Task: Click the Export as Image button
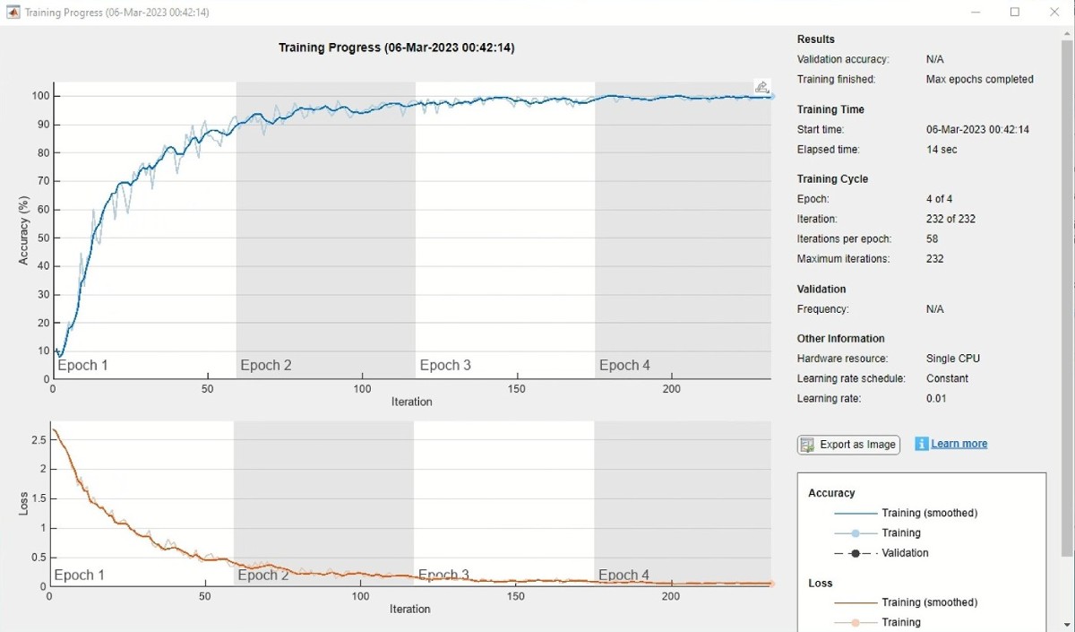pyautogui.click(x=848, y=445)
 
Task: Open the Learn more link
pyautogui.click(x=959, y=444)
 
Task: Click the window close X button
pyautogui.click(x=1054, y=13)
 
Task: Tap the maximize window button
pyautogui.click(x=1015, y=13)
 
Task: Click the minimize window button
pyautogui.click(x=976, y=13)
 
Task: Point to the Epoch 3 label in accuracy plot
pyautogui.click(x=445, y=365)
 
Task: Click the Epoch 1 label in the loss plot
pyautogui.click(x=80, y=575)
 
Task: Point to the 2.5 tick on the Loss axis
pyautogui.click(x=38, y=440)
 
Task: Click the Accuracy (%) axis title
pyautogui.click(x=24, y=231)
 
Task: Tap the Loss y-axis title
pyautogui.click(x=24, y=504)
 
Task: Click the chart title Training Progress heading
pyautogui.click(x=396, y=48)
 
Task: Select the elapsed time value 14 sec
pyautogui.click(x=942, y=150)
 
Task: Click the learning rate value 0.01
pyautogui.click(x=936, y=399)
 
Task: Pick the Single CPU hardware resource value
pyautogui.click(x=953, y=359)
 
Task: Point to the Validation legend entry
pyautogui.click(x=905, y=553)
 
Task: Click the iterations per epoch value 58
pyautogui.click(x=933, y=239)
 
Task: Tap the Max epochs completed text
pyautogui.click(x=979, y=79)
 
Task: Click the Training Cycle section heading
pyautogui.click(x=832, y=179)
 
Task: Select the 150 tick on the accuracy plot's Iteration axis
pyautogui.click(x=517, y=389)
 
